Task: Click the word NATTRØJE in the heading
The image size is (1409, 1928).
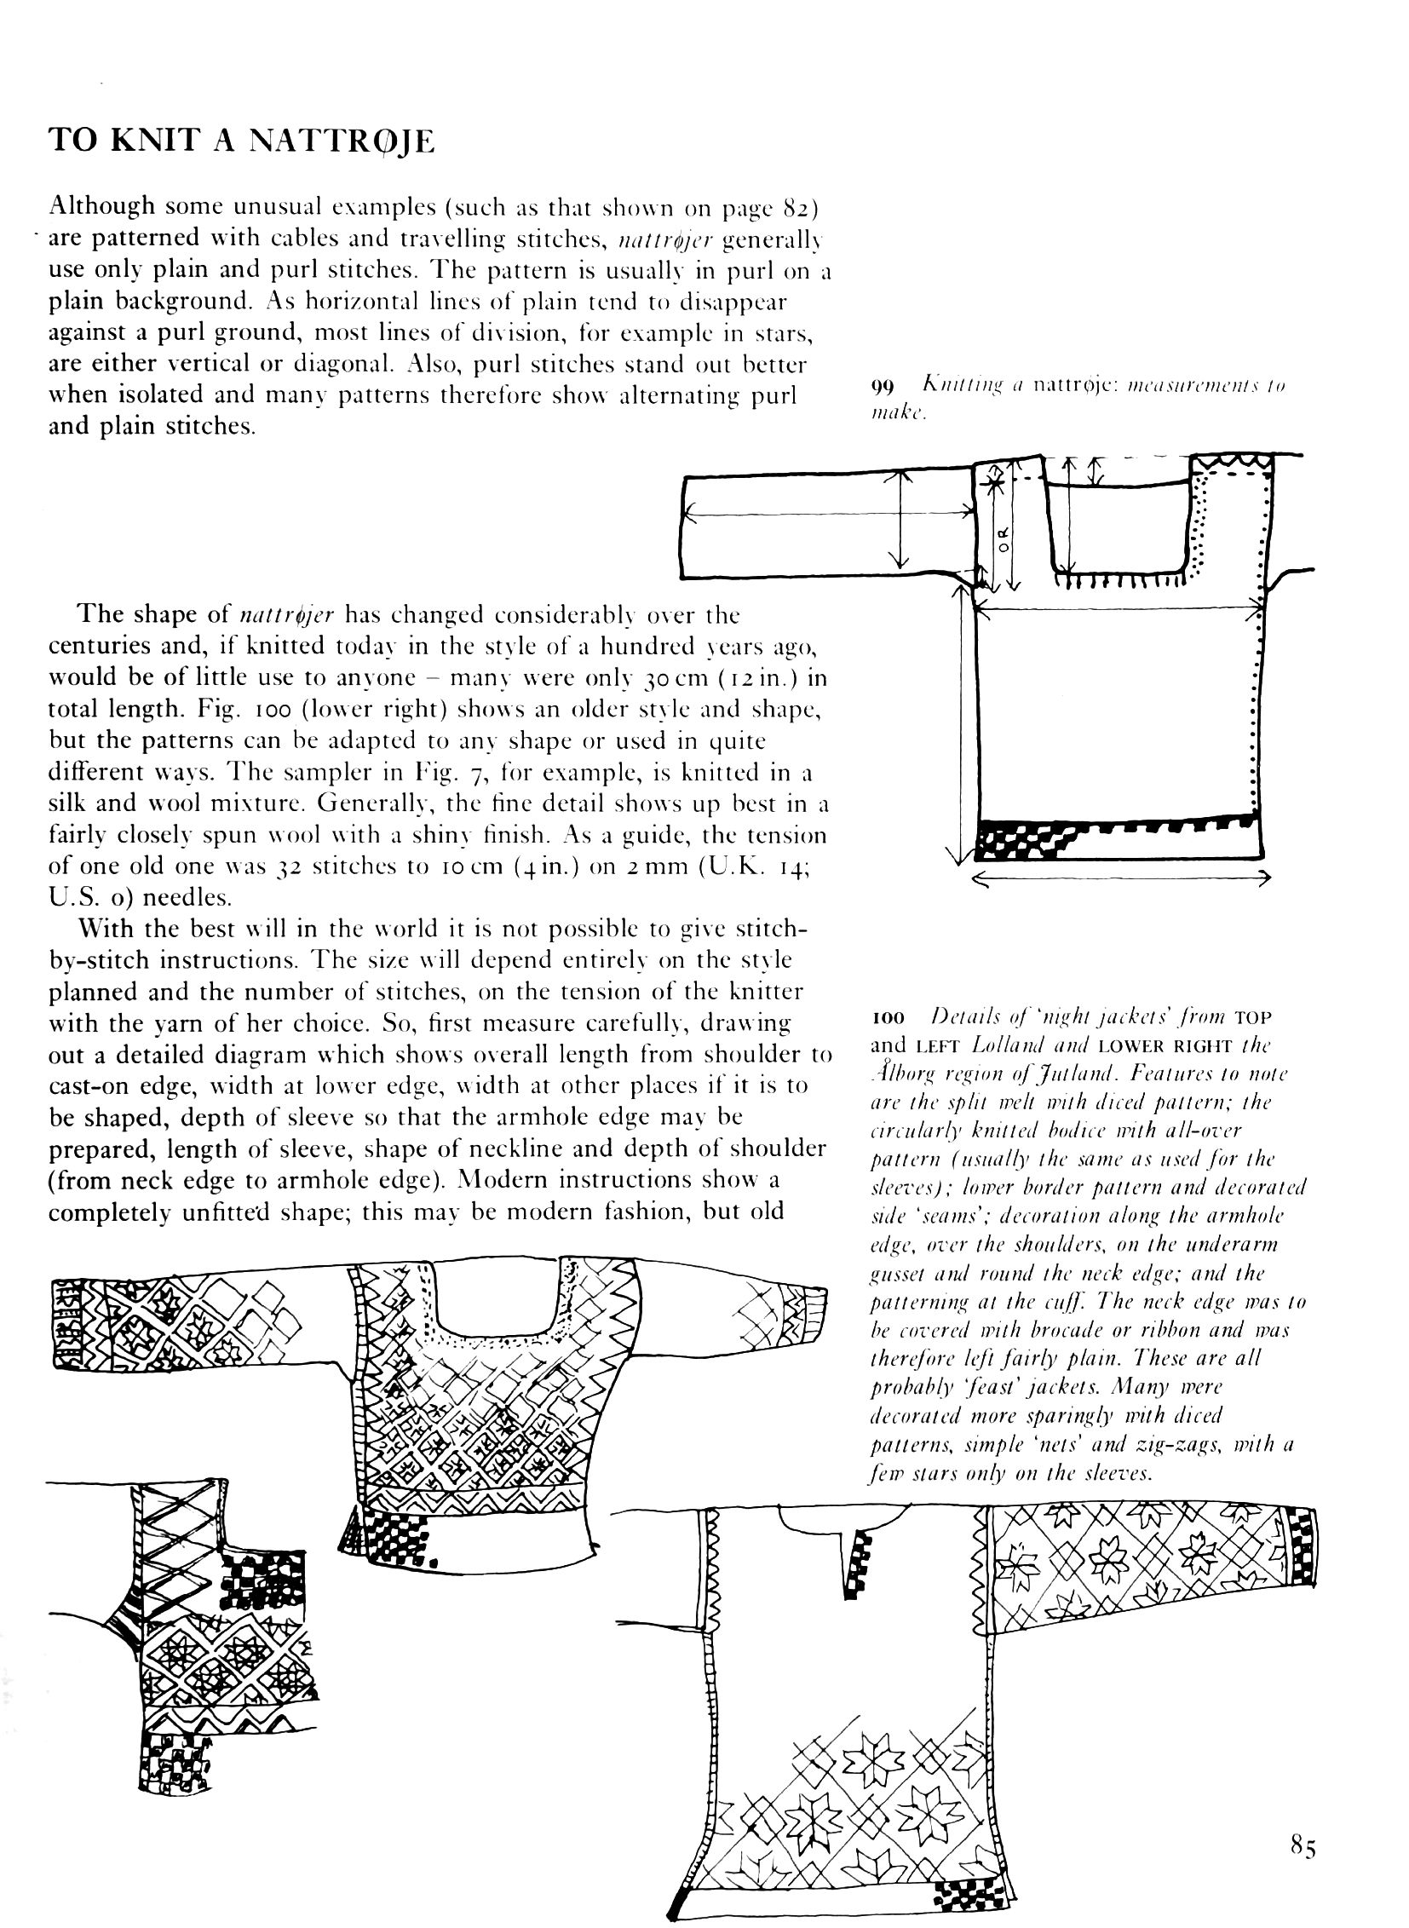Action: pos(340,139)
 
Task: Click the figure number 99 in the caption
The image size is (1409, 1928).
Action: pos(881,387)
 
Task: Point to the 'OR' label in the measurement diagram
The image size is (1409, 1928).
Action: pos(1004,538)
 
